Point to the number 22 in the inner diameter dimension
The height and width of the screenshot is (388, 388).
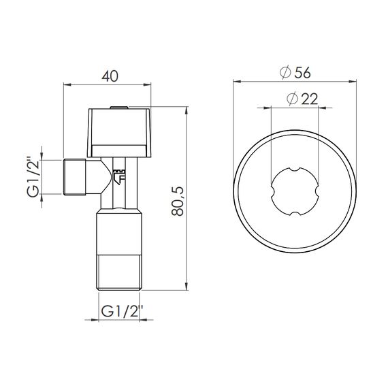[x=308, y=99]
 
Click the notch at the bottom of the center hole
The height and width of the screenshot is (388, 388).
[x=296, y=215]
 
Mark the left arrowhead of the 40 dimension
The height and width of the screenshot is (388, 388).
[x=66, y=86]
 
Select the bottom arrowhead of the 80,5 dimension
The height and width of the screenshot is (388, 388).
[x=186, y=289]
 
